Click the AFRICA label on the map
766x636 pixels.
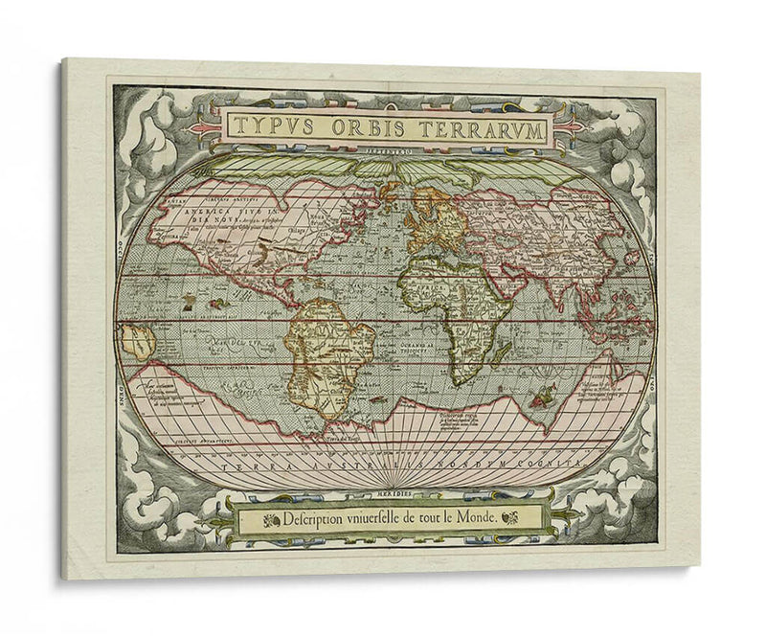point(426,284)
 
